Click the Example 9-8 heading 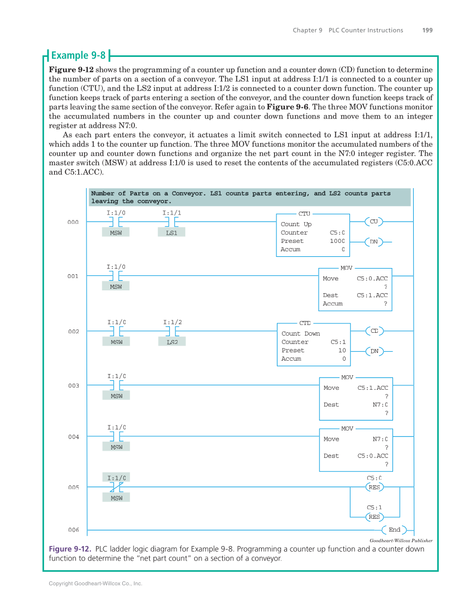(x=78, y=55)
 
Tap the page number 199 (x=427, y=30)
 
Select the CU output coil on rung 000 (x=374, y=222)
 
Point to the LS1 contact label (x=171, y=233)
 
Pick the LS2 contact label (x=172, y=342)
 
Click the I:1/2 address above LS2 (x=172, y=322)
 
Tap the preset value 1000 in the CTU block (x=337, y=241)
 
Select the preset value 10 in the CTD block (x=342, y=351)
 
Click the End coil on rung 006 (x=394, y=530)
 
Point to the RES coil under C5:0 (x=374, y=487)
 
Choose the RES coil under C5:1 (x=374, y=517)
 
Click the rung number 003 (x=74, y=386)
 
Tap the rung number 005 (x=74, y=487)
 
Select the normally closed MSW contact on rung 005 (x=116, y=487)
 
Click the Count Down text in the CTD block (x=300, y=334)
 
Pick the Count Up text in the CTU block (x=296, y=224)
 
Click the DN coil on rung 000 (x=374, y=242)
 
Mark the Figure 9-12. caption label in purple (x=70, y=549)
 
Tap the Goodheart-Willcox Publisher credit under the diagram (x=401, y=541)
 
